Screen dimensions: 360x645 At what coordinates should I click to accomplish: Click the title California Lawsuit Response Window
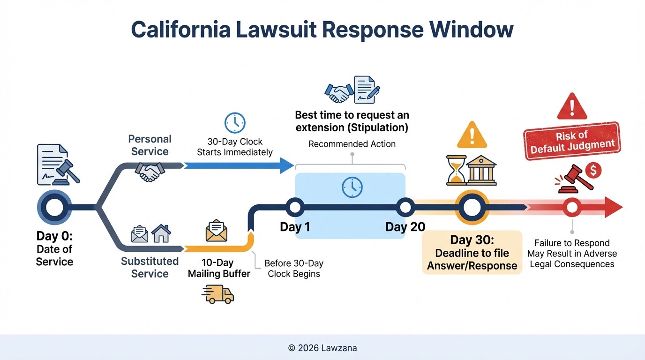pos(322,30)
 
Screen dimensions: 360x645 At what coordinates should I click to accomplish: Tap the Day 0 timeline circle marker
pos(54,207)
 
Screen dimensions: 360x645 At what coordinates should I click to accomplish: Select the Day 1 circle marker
pos(295,207)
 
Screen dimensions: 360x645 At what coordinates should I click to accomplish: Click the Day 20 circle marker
pos(405,207)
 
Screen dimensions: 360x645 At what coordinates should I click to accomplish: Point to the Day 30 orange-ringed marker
pos(472,207)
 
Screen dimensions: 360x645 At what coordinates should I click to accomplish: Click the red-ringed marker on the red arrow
pos(572,207)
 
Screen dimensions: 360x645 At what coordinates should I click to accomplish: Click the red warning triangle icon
pos(572,107)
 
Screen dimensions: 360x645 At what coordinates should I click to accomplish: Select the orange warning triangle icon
pos(472,136)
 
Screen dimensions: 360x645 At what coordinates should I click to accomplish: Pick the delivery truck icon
pos(218,294)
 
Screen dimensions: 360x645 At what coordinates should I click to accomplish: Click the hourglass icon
pos(457,170)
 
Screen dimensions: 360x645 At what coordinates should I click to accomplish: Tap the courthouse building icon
pos(482,170)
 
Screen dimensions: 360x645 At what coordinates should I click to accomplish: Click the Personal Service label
pos(150,145)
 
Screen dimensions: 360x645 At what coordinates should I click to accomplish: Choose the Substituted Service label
pos(150,267)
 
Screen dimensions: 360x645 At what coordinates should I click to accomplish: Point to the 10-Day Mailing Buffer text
pos(219,268)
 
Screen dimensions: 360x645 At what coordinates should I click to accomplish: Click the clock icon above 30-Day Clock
pos(235,123)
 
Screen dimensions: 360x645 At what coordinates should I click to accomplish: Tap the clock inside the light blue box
pos(352,187)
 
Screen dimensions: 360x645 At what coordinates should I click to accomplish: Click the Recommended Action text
pos(352,144)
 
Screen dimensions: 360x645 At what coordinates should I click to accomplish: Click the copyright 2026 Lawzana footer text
pos(322,348)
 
